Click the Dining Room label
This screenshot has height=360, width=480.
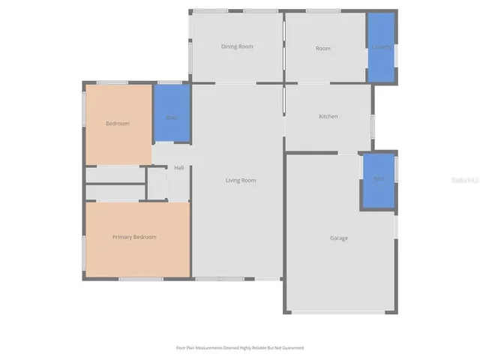point(237,46)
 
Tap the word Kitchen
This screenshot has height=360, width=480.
point(328,116)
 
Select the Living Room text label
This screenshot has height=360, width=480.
point(241,180)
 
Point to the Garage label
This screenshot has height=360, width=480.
point(339,238)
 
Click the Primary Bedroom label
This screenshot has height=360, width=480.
point(134,237)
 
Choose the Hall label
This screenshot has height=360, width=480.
point(178,167)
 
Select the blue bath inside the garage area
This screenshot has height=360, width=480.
point(379,180)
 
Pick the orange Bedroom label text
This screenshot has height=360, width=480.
point(118,123)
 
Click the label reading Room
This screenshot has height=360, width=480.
point(323,48)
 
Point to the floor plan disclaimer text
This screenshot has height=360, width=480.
point(240,348)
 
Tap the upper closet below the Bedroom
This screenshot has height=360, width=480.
point(115,175)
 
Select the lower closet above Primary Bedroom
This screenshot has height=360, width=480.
point(115,192)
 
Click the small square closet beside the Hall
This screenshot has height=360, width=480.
point(157,184)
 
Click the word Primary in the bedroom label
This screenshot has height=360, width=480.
point(124,237)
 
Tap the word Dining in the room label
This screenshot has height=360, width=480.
point(229,46)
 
